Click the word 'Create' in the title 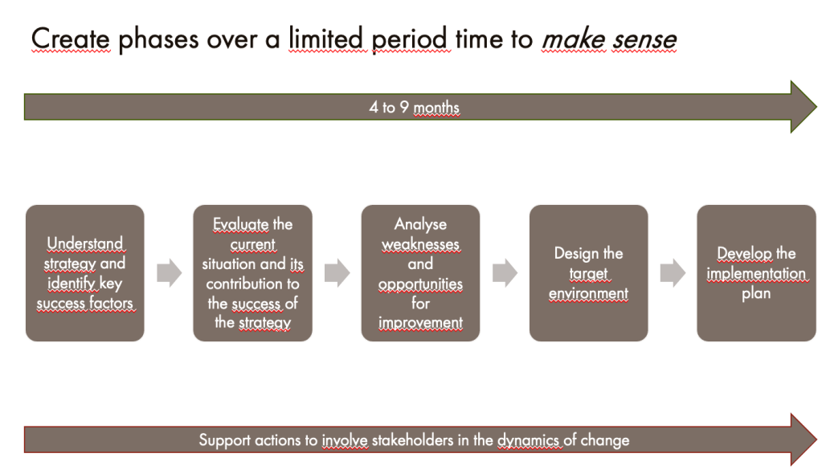pyautogui.click(x=70, y=39)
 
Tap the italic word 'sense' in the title pyautogui.click(x=644, y=39)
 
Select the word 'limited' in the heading pyautogui.click(x=325, y=39)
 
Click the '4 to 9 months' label pyautogui.click(x=414, y=107)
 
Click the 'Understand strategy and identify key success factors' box pyautogui.click(x=85, y=273)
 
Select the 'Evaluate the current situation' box pyautogui.click(x=252, y=273)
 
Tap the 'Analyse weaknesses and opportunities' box pyautogui.click(x=420, y=273)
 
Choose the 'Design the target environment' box pyautogui.click(x=589, y=273)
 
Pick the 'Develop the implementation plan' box pyautogui.click(x=756, y=273)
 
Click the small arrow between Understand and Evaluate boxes pyautogui.click(x=170, y=272)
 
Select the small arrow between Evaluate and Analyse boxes pyautogui.click(x=337, y=272)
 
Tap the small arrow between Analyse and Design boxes pyautogui.click(x=505, y=272)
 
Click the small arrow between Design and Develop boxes pyautogui.click(x=673, y=272)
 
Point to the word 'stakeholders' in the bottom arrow pyautogui.click(x=412, y=439)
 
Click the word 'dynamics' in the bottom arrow pyautogui.click(x=529, y=440)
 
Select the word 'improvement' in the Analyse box pyautogui.click(x=420, y=323)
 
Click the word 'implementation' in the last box pyautogui.click(x=756, y=273)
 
